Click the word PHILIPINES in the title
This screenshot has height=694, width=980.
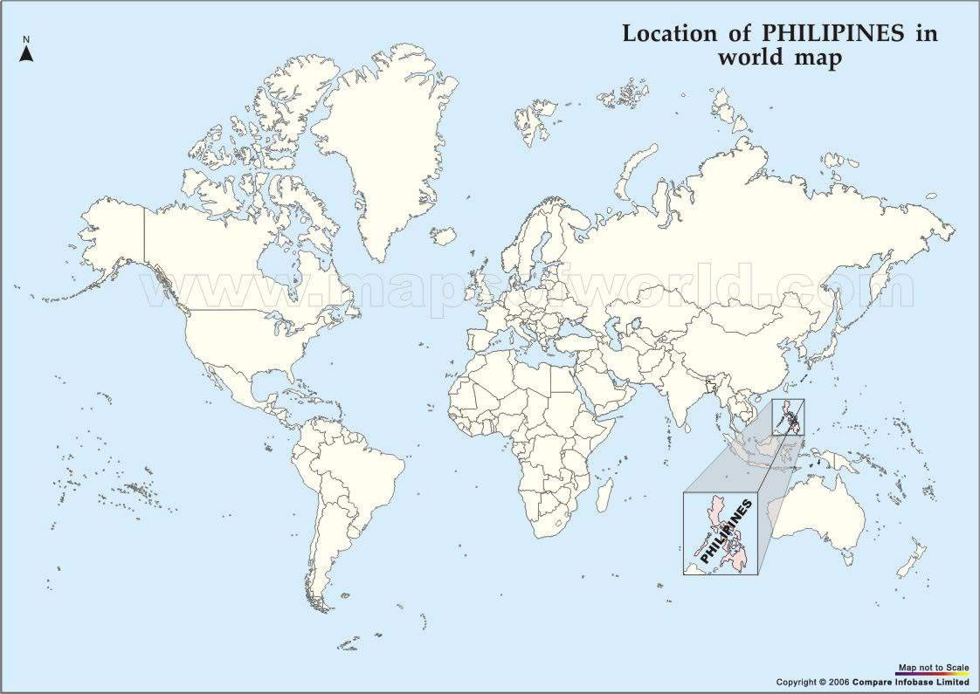(833, 34)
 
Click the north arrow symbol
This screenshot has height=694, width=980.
(27, 54)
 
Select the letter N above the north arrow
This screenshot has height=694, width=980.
(27, 40)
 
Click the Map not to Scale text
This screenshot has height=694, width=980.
(934, 668)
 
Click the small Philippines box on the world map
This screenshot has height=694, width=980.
(788, 416)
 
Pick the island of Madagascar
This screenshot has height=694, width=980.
(604, 495)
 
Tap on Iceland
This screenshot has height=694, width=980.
(444, 236)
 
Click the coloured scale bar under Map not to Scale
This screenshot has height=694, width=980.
(934, 675)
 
